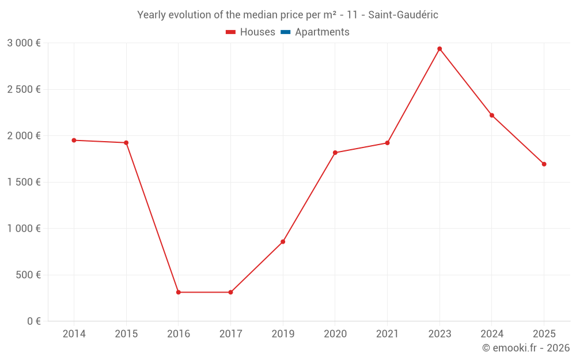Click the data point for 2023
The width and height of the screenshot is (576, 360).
point(439,49)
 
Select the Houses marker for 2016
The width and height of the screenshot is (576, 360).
point(179,293)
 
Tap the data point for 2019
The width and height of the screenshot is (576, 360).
point(283,242)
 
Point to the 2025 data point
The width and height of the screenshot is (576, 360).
point(544,164)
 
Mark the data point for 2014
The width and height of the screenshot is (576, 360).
point(74,141)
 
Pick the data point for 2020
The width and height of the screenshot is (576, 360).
point(335,153)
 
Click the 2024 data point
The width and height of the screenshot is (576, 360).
point(492,115)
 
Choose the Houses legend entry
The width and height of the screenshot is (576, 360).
point(251,32)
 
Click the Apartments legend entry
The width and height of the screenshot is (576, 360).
point(315,32)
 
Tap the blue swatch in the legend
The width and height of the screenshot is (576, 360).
point(286,32)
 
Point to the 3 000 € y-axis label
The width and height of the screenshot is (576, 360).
point(24,43)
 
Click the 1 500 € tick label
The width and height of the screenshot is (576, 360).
point(24,182)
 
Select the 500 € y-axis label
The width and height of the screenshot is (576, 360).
point(28,275)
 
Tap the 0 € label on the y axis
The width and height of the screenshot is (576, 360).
point(34,321)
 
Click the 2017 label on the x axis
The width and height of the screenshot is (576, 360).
point(231,334)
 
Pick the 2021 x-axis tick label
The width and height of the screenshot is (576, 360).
point(388,334)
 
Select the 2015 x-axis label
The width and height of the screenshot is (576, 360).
point(126,334)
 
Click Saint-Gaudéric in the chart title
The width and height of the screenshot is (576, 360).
point(403,15)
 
